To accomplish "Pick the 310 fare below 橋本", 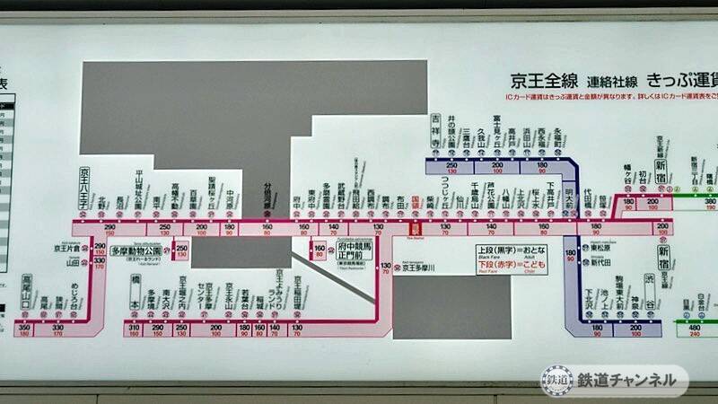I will click(x=134, y=330).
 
